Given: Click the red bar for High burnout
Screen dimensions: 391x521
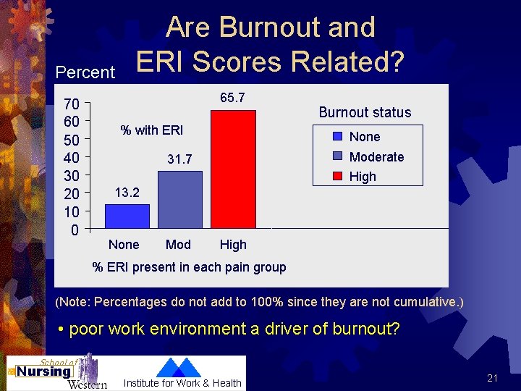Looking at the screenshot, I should [x=233, y=169].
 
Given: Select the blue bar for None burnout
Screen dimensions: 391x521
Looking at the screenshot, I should [x=127, y=216].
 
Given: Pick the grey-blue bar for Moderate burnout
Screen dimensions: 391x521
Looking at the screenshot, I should [x=179, y=200].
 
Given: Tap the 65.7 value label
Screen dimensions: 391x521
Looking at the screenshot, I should [x=232, y=98].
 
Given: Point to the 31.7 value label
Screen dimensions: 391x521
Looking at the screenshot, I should [x=179, y=159].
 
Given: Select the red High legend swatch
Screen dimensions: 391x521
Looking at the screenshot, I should [x=338, y=176].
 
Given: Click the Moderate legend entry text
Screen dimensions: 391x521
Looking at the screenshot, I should [x=376, y=157].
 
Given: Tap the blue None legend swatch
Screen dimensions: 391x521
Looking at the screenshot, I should [x=338, y=137].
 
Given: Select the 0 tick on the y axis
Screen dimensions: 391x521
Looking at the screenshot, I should [x=75, y=231].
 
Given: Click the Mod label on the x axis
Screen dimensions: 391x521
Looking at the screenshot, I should [x=178, y=245].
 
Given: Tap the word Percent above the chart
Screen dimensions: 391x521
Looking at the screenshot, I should [x=85, y=72].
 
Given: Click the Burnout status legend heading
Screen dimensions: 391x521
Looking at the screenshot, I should [x=365, y=112].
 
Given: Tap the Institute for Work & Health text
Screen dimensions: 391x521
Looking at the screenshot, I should [x=182, y=383].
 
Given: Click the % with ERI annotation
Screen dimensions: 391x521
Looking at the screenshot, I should [x=152, y=130].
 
